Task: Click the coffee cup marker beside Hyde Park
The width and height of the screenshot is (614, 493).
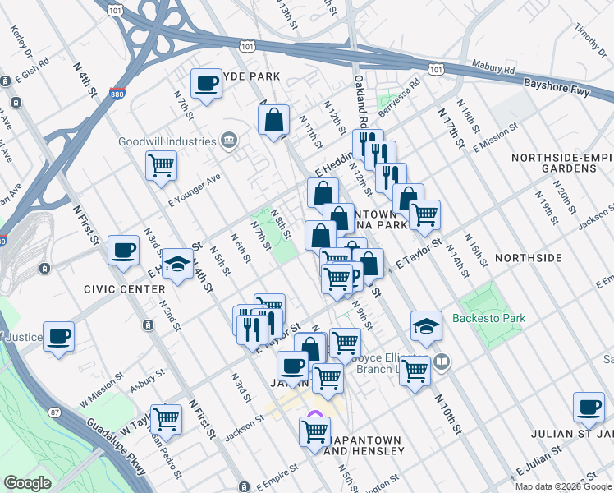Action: click(x=205, y=83)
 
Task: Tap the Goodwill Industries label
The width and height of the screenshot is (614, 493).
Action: click(x=167, y=141)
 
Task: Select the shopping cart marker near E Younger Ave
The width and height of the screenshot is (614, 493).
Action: click(x=161, y=164)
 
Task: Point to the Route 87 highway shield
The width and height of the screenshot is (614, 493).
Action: click(x=55, y=411)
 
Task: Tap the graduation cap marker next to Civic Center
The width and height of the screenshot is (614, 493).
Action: click(x=177, y=265)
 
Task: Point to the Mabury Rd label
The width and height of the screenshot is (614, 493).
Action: click(x=492, y=65)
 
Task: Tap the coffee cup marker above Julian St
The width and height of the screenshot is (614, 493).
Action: click(x=588, y=406)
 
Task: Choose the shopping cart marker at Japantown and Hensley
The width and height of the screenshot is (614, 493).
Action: click(x=315, y=430)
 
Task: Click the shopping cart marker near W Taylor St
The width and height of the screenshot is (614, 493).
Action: click(x=167, y=418)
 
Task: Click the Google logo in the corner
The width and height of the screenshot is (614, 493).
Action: click(x=27, y=483)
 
